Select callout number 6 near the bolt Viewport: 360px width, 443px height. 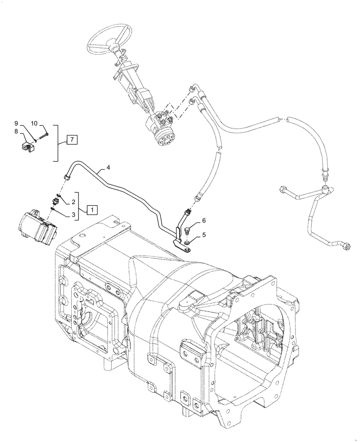click(204, 220)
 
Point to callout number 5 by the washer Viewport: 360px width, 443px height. click(204, 236)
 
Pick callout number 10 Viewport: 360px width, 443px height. click(35, 123)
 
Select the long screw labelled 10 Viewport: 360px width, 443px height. click(44, 135)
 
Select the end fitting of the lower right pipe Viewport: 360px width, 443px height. click(346, 246)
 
